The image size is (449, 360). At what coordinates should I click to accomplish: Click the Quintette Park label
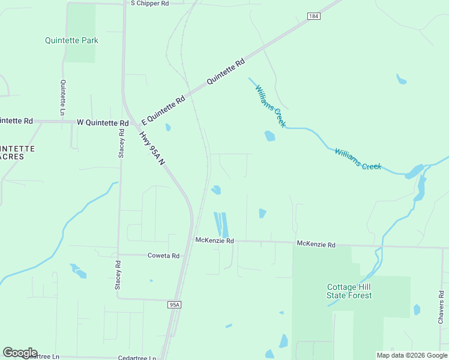(x=71, y=40)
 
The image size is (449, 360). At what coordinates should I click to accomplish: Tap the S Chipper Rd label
(x=150, y=3)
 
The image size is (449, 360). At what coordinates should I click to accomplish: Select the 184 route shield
(x=313, y=16)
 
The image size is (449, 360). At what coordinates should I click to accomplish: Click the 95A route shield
(x=175, y=305)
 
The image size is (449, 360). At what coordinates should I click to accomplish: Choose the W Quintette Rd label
(x=103, y=122)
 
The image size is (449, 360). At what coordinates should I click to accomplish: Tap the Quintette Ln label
(x=62, y=98)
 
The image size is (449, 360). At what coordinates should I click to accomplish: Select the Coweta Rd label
(x=163, y=256)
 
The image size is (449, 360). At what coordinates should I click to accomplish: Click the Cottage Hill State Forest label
(x=349, y=291)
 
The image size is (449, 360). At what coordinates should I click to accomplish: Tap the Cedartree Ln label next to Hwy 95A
(x=137, y=358)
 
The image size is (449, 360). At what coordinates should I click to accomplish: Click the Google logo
(x=20, y=353)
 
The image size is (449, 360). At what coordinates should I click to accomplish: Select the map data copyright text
(x=412, y=355)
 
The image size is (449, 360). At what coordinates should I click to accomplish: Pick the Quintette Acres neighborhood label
(x=17, y=152)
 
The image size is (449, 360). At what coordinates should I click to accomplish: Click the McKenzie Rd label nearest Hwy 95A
(x=214, y=240)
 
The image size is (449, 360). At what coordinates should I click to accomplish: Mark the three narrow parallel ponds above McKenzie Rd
(x=221, y=224)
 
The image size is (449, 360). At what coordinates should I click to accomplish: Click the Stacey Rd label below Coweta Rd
(x=118, y=275)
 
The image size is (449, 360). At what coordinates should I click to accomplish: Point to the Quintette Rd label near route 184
(x=226, y=71)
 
